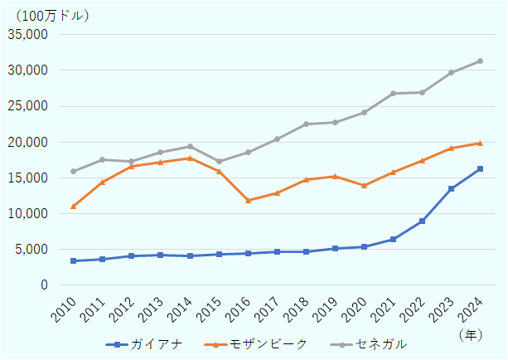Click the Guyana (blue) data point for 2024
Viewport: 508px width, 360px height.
pos(480,169)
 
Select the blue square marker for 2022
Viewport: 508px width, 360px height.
pos(422,221)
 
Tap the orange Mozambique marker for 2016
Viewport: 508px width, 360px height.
pos(248,200)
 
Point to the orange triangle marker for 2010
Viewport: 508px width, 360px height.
pos(73,206)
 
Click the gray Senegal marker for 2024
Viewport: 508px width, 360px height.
pos(480,61)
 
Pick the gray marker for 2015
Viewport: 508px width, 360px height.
pos(219,161)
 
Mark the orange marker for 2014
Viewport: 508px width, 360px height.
pos(190,158)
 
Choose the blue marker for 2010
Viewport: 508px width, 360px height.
pos(73,260)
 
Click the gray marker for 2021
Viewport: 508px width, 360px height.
pos(393,94)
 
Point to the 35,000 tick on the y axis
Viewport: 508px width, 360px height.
pos(30,35)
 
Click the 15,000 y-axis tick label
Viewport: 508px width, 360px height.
pos(30,178)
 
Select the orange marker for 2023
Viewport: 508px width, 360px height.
pos(451,148)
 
